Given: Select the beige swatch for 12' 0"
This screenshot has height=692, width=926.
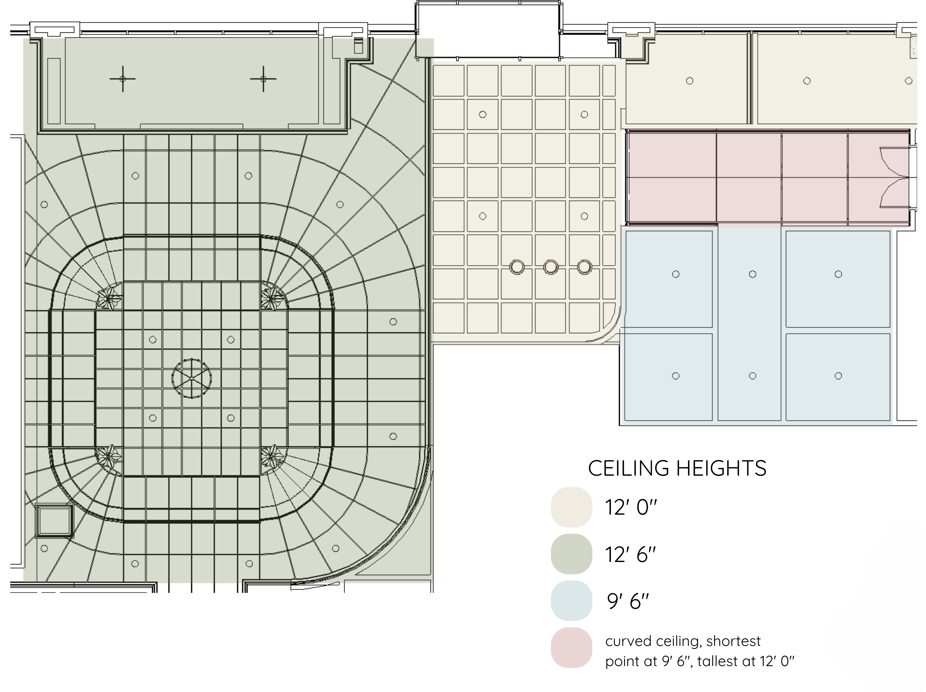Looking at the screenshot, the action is (x=571, y=507).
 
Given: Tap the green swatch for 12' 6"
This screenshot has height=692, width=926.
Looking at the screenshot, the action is (x=571, y=554).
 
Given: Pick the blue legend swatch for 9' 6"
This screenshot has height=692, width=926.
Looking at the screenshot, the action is (x=571, y=600).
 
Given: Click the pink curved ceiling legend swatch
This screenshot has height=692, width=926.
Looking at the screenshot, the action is (x=571, y=647).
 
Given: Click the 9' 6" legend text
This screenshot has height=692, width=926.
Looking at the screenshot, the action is (x=628, y=601).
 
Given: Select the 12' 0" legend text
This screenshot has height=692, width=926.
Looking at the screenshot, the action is (x=631, y=508).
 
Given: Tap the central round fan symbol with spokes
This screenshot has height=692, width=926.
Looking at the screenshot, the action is (x=191, y=378).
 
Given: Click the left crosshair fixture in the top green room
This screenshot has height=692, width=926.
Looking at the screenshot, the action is (x=123, y=79).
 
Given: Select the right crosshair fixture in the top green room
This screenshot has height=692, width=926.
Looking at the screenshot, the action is (x=263, y=79).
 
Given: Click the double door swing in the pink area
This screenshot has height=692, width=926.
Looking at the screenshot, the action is (x=895, y=177).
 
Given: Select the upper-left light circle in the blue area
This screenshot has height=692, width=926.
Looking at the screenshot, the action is (x=676, y=274).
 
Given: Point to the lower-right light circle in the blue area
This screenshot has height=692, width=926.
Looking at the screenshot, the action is (x=838, y=376).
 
